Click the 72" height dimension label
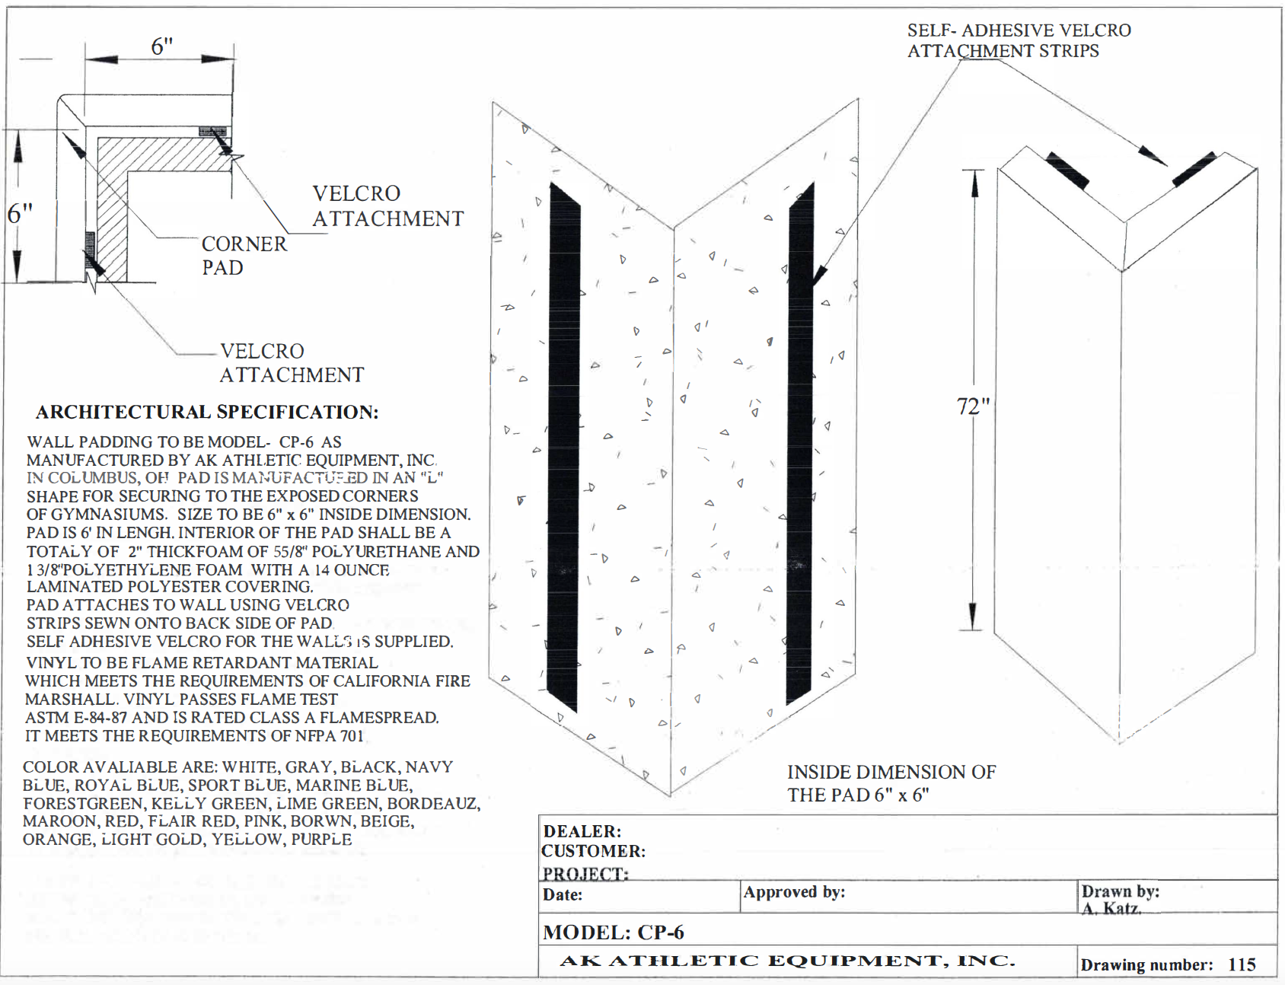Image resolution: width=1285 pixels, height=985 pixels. tap(973, 406)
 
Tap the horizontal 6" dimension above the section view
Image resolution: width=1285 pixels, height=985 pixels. tap(161, 46)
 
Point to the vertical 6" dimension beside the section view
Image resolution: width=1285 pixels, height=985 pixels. tap(20, 214)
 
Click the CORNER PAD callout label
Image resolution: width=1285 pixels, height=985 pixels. tap(244, 256)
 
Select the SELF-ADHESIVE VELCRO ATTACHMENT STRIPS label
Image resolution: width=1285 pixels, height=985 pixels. tap(1018, 40)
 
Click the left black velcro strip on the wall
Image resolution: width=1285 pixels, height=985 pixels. tap(564, 449)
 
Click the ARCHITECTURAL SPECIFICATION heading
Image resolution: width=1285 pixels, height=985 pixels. tap(207, 412)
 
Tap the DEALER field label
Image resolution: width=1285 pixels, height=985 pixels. tap(582, 831)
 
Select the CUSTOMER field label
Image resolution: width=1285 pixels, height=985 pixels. tap(593, 851)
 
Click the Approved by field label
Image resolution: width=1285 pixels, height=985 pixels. tap(794, 892)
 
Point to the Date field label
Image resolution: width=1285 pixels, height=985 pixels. tap(562, 895)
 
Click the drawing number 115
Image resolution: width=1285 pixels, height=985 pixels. tap(1242, 964)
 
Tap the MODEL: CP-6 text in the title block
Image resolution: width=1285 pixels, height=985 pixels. tap(613, 932)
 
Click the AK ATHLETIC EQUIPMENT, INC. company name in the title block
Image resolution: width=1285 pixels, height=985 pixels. tap(787, 961)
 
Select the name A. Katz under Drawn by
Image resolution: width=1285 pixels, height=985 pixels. tap(1111, 908)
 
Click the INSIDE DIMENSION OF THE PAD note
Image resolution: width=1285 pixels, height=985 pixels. tap(891, 783)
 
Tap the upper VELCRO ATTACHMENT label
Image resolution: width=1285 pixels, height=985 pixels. tap(387, 206)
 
